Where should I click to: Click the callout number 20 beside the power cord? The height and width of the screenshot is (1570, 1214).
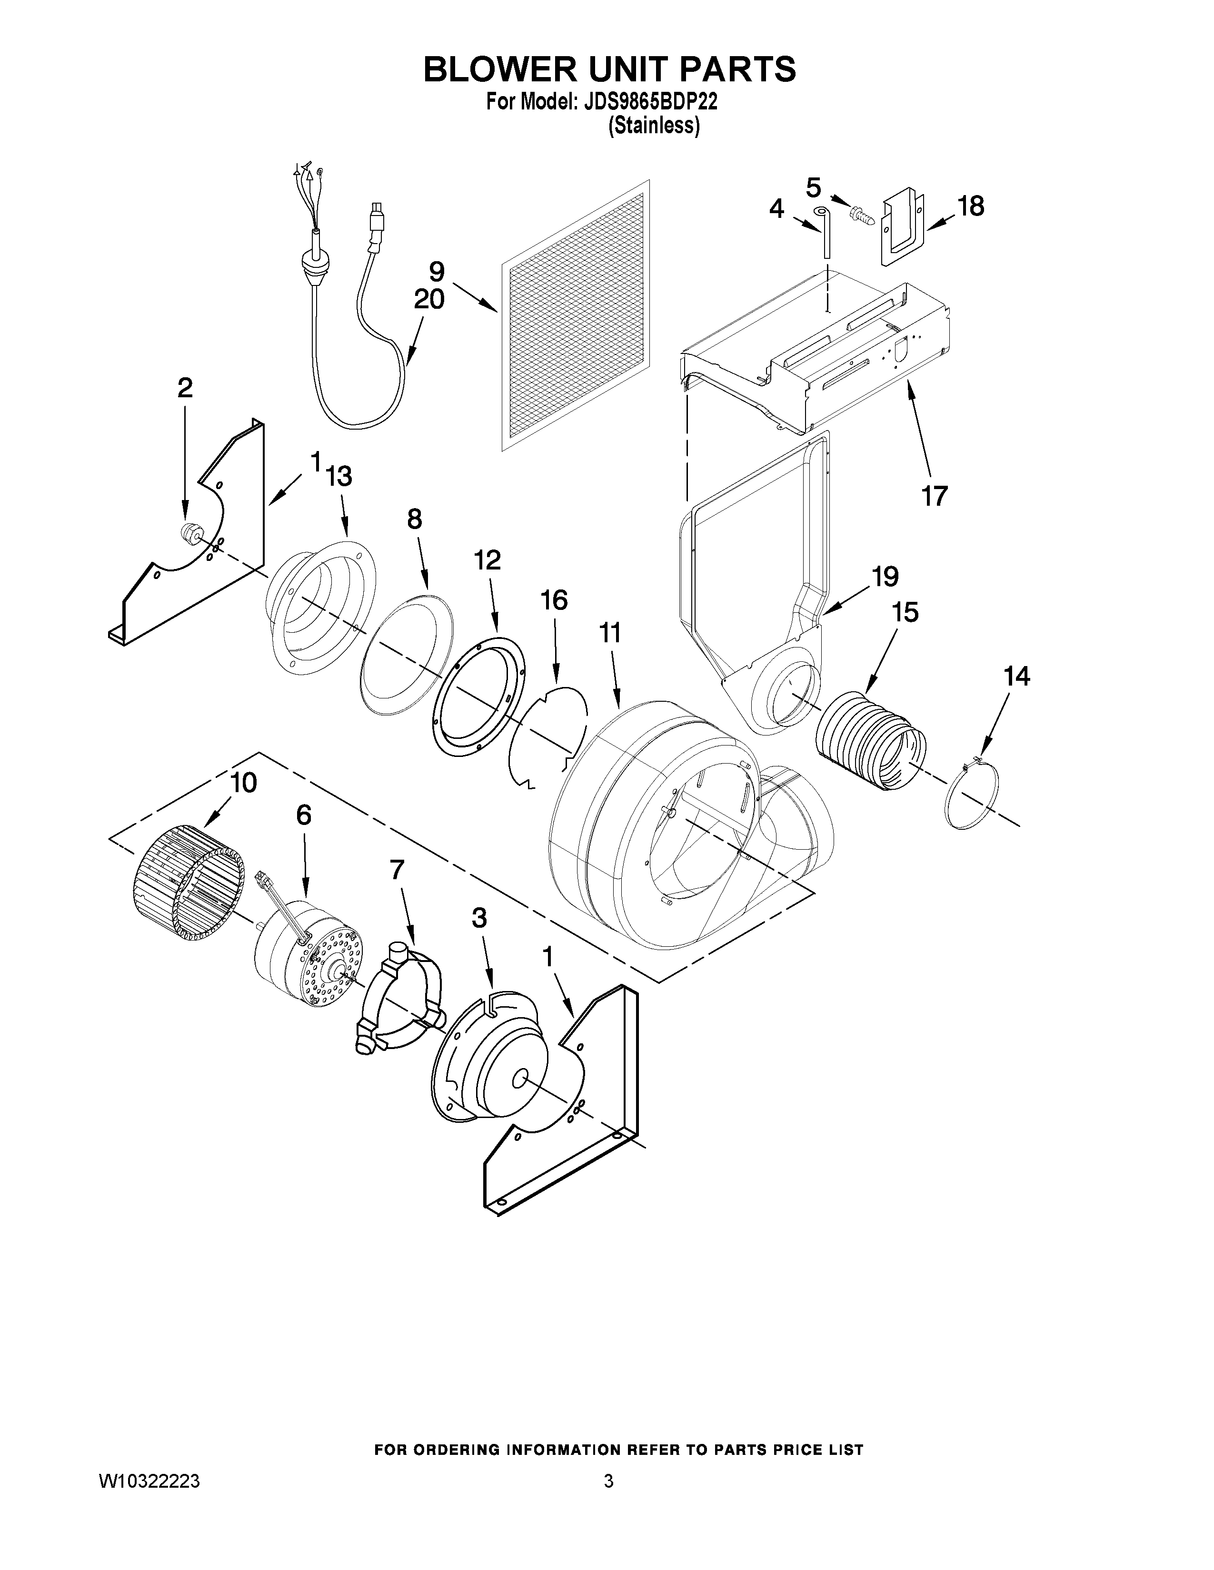(428, 298)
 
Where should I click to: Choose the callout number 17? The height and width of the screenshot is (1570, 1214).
(934, 495)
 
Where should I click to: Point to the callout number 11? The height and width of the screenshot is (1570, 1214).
(610, 633)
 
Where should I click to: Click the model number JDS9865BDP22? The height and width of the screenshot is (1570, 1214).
(646, 102)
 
